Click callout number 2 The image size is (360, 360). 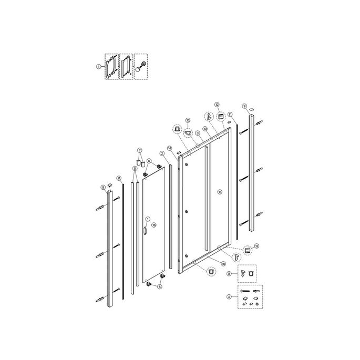click(x=162, y=153)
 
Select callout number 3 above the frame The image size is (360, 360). click(x=197, y=133)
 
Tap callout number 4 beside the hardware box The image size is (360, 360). click(x=229, y=297)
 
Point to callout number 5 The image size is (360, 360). click(x=135, y=169)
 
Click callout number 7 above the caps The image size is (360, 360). click(x=140, y=150)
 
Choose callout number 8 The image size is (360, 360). click(x=229, y=274)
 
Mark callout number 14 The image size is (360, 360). click(x=170, y=148)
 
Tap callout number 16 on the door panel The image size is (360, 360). click(x=154, y=224)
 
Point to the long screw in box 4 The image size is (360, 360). click(x=247, y=291)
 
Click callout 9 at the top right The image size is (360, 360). click(x=244, y=106)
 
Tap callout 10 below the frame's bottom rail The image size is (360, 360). click(x=222, y=263)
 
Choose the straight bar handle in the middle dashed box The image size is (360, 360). click(x=126, y=67)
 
